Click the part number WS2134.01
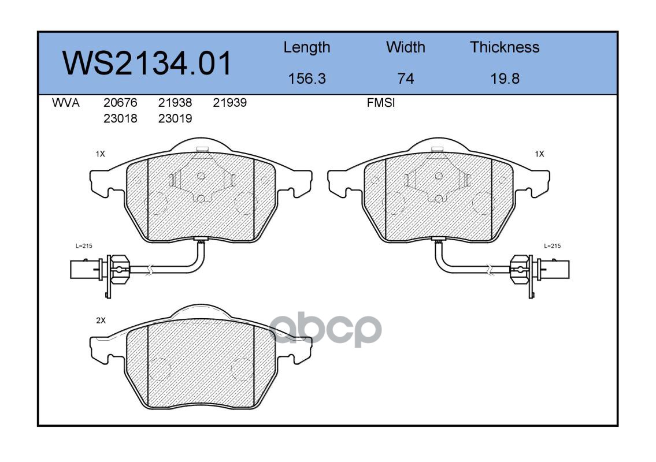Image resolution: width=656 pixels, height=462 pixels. coord(147,63)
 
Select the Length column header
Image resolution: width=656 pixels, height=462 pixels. coord(307,48)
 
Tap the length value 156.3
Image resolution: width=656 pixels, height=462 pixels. coord(307,79)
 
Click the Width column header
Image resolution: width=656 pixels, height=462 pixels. coord(405,47)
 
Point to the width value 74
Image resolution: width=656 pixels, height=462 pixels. coord(405,79)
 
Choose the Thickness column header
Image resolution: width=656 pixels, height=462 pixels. coord(505,47)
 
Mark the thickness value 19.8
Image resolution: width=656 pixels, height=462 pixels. coord(505,79)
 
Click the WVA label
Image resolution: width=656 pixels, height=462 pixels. coord(66,103)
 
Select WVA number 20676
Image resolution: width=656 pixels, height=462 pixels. coord(120,103)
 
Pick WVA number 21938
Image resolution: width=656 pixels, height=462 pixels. coord(175,103)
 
